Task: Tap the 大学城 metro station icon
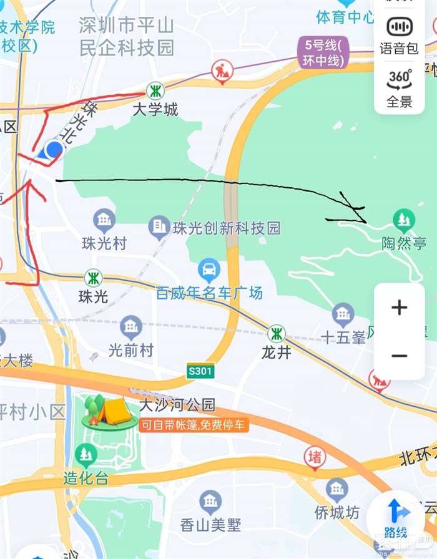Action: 155,90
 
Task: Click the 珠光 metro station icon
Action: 93,278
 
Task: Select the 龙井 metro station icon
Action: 277,334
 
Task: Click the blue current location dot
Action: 54,149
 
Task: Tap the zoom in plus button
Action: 400,308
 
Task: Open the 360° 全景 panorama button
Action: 400,88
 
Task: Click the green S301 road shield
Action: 200,372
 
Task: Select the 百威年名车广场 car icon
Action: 209,270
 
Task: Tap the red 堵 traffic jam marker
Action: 315,457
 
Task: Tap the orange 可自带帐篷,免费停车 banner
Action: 194,426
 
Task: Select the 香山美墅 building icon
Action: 210,501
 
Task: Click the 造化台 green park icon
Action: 86,455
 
